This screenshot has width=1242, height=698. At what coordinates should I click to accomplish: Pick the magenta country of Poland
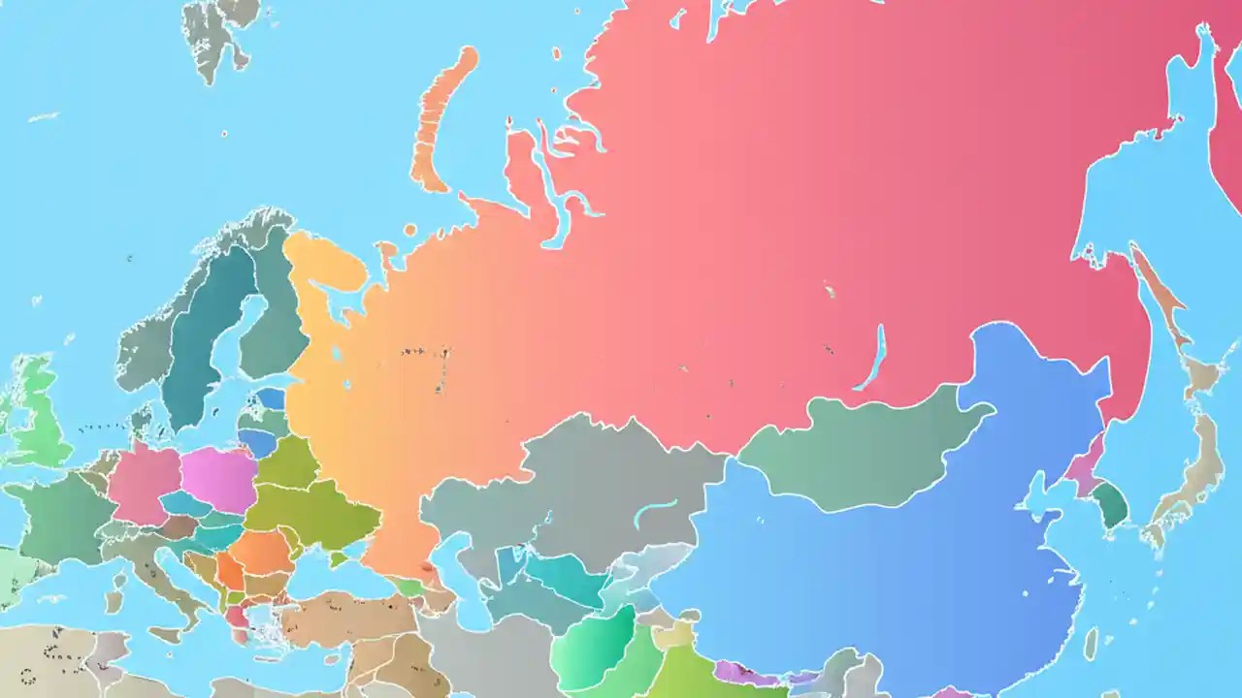[x=219, y=479]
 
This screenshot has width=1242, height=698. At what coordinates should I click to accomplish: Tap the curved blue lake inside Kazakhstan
[x=656, y=512]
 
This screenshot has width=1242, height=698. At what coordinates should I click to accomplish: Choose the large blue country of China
[x=873, y=572]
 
